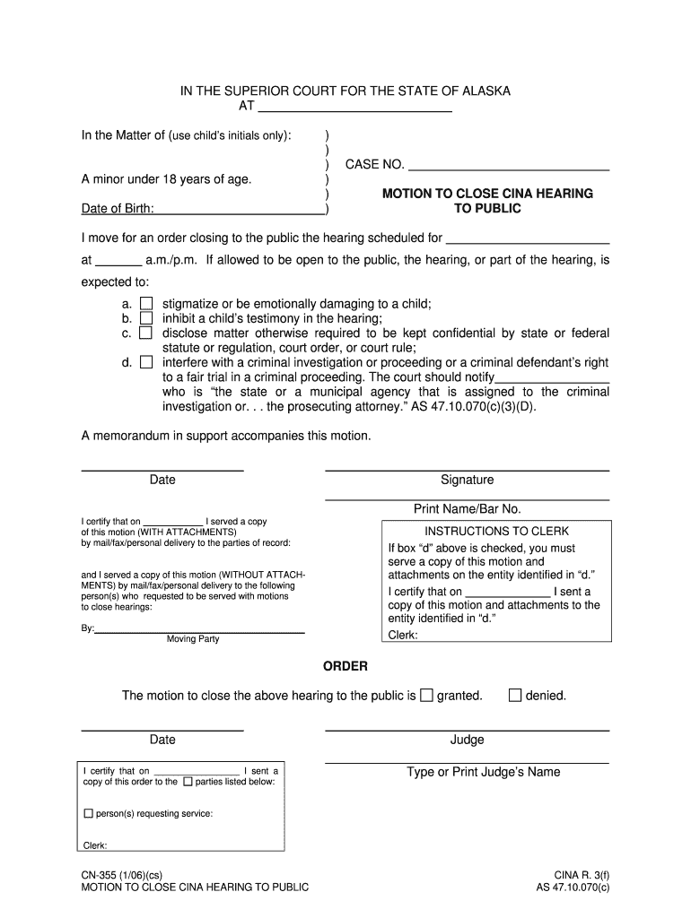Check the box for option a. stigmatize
tap(145, 304)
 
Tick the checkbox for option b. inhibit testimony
tap(145, 318)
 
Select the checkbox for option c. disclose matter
tap(145, 333)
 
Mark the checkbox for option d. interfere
tap(145, 362)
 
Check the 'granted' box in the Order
tap(426, 695)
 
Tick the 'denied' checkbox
tap(515, 695)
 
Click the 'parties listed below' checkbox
tap(188, 782)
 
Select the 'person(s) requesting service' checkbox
tap(88, 814)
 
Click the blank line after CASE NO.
tap(509, 165)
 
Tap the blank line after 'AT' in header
tap(354, 107)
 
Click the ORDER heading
tap(345, 666)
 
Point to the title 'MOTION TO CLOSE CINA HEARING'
tap(487, 194)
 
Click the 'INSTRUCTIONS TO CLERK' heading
tap(496, 531)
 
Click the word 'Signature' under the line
tap(467, 481)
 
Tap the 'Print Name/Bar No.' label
tap(467, 509)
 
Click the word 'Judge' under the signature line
tap(467, 740)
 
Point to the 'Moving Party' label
tap(192, 639)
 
